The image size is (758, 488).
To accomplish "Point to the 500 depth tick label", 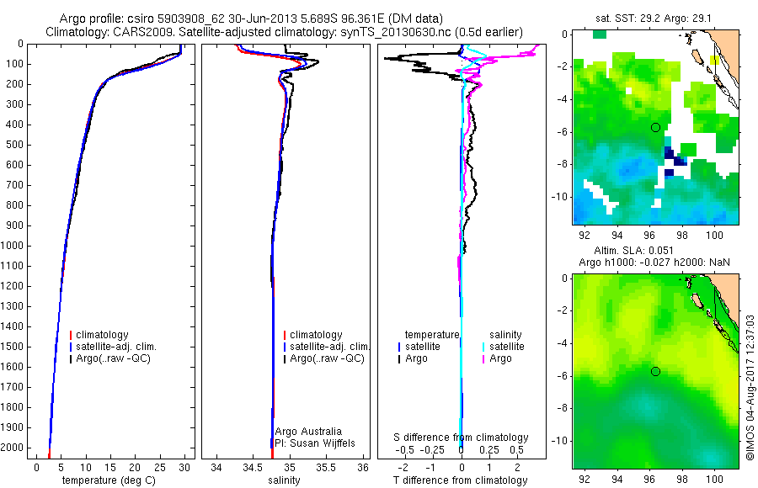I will click(13, 145).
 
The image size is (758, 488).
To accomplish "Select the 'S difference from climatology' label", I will click(462, 438).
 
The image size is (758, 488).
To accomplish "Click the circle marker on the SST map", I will click(654, 127).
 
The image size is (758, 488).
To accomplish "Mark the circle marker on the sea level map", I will click(654, 371).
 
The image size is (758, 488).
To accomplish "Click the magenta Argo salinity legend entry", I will click(500, 358).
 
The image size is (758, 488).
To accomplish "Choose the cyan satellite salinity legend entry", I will click(506, 347).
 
